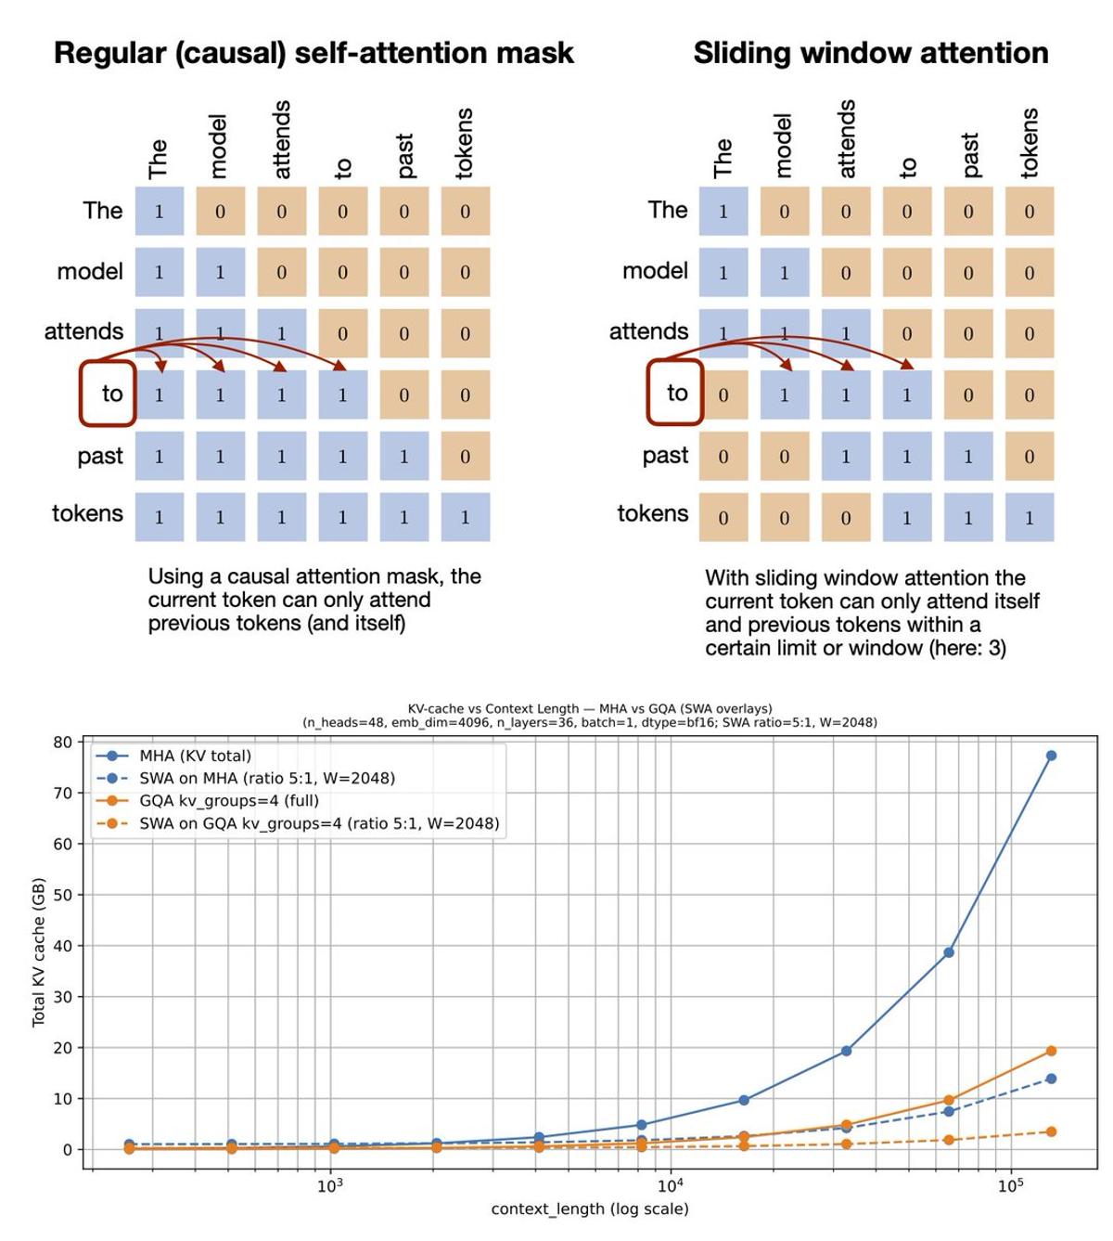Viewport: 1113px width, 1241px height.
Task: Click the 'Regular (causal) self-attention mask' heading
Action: coord(313,53)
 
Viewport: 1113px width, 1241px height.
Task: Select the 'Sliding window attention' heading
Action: coord(870,53)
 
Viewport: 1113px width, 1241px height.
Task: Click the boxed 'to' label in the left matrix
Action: coord(109,394)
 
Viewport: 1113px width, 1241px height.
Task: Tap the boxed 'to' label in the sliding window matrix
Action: coord(674,394)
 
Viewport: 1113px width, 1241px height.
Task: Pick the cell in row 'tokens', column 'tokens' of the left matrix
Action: coord(465,517)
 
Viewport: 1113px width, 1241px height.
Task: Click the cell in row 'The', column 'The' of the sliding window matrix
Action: coord(723,211)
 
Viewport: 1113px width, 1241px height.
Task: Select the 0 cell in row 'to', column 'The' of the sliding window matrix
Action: coord(723,394)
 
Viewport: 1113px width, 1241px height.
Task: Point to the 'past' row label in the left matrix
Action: coord(100,456)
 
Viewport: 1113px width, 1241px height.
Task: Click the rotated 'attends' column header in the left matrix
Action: coord(282,140)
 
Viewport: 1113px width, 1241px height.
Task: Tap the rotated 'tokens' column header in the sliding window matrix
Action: coord(1030,143)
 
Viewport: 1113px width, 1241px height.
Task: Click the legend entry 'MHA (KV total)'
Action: coord(195,756)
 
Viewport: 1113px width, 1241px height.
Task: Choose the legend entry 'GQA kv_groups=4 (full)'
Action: coord(228,800)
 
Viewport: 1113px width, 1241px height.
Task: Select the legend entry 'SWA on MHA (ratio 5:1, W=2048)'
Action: coord(267,778)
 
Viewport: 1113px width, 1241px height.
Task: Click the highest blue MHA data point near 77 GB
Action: coord(1051,756)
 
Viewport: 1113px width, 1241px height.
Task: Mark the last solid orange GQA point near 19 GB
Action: coord(1051,1051)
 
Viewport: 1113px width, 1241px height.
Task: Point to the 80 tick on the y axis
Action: coord(62,742)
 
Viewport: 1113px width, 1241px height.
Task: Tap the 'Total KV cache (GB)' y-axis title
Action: coord(39,951)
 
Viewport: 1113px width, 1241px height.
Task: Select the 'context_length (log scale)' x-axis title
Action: coord(590,1209)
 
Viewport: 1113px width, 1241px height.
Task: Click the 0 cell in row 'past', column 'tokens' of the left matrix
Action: coord(465,456)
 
